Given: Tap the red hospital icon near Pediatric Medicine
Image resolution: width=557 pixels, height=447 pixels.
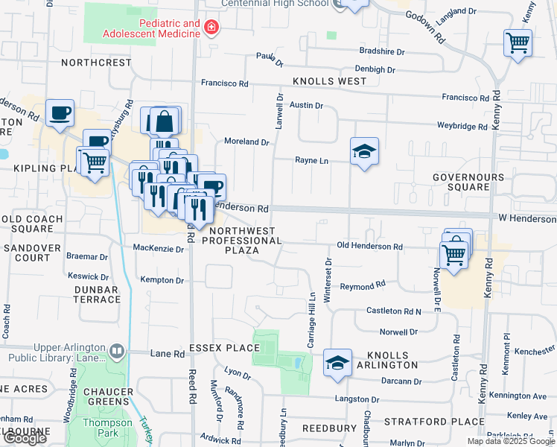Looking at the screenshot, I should click(x=211, y=28).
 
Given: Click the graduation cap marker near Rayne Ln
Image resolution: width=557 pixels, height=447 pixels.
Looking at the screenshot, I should click(x=364, y=151).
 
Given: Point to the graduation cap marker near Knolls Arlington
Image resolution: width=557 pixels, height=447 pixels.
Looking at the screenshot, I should click(x=338, y=362).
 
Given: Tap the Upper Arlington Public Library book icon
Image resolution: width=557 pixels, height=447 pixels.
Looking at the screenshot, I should click(x=116, y=350).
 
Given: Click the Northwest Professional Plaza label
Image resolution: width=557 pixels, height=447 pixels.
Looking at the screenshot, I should click(x=242, y=241).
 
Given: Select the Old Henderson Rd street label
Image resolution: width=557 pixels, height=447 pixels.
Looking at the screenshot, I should click(x=369, y=247).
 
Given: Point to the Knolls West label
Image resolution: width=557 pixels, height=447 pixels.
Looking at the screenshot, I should click(x=329, y=81).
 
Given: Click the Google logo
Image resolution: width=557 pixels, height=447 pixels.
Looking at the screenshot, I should click(x=25, y=438).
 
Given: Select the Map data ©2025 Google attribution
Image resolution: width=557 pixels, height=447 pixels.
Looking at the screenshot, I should click(x=511, y=441).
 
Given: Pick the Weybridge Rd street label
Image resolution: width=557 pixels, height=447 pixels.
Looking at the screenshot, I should click(x=462, y=127).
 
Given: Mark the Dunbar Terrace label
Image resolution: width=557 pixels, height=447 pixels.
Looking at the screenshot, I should click(x=97, y=294).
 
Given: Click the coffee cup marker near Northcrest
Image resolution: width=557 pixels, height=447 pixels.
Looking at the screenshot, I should click(x=60, y=113).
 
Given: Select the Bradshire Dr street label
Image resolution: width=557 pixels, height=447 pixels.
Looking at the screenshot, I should click(x=381, y=52).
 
